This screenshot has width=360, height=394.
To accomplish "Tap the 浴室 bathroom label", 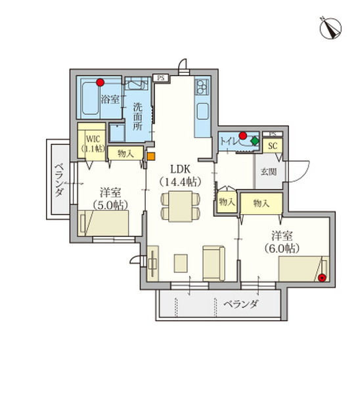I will tap(109, 99).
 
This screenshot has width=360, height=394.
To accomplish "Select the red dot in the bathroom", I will tap(100, 83).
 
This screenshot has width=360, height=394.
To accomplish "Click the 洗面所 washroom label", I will tap(137, 116).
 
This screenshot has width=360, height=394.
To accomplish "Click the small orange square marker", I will tap(150, 156).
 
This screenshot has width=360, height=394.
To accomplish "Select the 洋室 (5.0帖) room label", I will tap(110, 198).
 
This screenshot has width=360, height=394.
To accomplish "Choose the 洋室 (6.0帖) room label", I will tap(282, 242).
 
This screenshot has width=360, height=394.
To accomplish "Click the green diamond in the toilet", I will tap(254, 141).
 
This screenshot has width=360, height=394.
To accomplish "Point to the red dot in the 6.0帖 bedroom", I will tap(321, 278).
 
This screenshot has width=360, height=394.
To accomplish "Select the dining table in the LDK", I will tap(179, 205).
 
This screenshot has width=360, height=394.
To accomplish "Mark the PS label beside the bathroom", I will tap(161, 77).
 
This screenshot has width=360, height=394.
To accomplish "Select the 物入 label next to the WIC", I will tap(125, 154).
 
